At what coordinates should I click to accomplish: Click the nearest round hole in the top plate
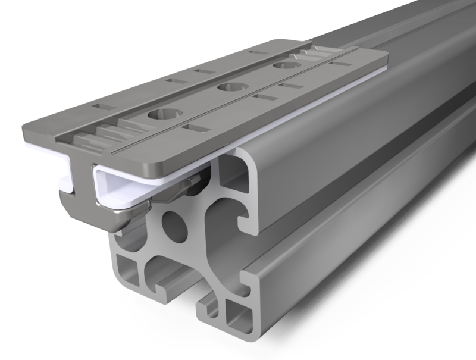point(159,114)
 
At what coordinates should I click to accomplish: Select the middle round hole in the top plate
point(228,88)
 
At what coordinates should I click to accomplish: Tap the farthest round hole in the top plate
point(282,68)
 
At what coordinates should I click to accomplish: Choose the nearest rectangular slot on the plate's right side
point(191,127)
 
